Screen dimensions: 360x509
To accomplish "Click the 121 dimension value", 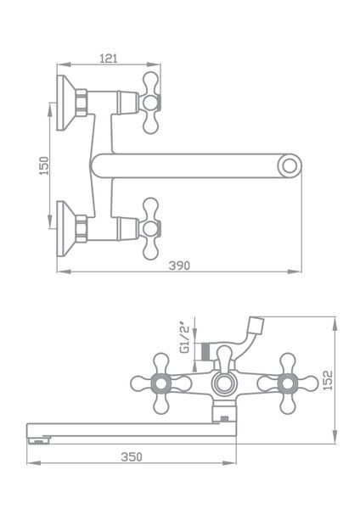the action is click(x=109, y=59).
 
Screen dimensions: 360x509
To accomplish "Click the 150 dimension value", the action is click(x=44, y=165).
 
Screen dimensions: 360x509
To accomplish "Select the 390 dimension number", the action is click(x=179, y=266).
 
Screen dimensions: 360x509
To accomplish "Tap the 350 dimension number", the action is click(x=132, y=456).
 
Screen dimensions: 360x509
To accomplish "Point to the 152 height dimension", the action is click(x=328, y=380).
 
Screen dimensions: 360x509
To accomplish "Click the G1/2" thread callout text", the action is click(x=184, y=338).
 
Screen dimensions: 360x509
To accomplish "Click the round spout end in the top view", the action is click(x=290, y=166).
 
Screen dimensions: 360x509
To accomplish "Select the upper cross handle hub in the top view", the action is click(x=149, y=103).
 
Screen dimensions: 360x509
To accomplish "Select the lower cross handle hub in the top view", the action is click(x=149, y=229).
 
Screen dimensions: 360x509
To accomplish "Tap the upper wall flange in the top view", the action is click(x=66, y=103).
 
